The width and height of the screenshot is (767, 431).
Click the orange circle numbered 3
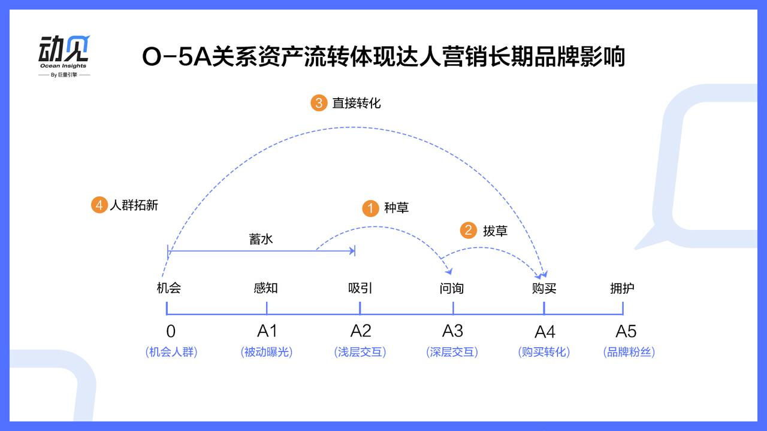(x=319, y=103)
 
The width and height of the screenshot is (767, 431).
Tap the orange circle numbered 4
(x=99, y=205)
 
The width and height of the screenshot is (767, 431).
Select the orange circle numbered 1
(x=370, y=208)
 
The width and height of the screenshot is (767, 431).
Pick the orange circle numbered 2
(x=469, y=230)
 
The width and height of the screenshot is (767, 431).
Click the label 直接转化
(x=357, y=103)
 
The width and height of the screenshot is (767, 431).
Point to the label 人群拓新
(x=134, y=205)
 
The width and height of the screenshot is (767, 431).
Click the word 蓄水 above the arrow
(x=261, y=239)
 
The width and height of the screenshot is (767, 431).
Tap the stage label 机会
(x=169, y=288)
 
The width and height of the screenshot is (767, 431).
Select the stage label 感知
(x=265, y=288)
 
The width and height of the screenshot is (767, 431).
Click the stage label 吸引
(x=360, y=288)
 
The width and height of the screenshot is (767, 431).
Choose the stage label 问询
(x=452, y=289)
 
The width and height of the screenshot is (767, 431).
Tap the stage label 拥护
(x=622, y=288)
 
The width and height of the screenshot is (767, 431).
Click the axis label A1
(x=267, y=331)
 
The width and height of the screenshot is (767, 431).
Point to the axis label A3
(x=452, y=331)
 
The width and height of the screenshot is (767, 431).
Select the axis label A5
(x=626, y=331)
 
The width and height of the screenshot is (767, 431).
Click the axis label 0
(x=171, y=331)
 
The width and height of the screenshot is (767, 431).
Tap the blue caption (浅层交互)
(x=360, y=352)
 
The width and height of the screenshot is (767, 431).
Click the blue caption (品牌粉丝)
(x=629, y=352)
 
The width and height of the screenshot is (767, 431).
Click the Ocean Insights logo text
(x=64, y=66)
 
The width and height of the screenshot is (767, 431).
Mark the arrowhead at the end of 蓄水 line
(x=353, y=251)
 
